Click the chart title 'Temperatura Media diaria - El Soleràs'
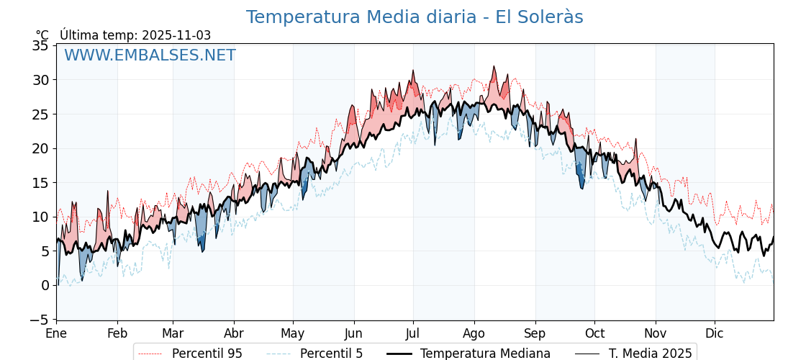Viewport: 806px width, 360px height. [414, 17]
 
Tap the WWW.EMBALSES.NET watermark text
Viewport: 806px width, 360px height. [150, 55]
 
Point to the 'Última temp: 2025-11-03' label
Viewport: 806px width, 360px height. [135, 35]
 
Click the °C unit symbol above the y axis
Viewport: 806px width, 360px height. [42, 35]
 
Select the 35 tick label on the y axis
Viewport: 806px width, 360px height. [41, 45]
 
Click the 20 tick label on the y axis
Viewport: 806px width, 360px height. [41, 148]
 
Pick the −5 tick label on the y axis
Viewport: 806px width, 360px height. [37, 320]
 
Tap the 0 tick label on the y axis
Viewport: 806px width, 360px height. [45, 285]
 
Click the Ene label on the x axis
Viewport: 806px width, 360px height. [56, 334]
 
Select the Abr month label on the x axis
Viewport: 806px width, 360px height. [234, 334]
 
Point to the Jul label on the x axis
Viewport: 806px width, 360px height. [413, 334]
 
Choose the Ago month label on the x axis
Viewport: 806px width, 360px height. [474, 334]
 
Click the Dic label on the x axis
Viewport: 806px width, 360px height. [715, 334]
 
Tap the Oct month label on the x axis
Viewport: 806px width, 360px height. [594, 334]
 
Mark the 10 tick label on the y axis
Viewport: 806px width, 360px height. [41, 217]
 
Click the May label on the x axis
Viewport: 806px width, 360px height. [293, 334]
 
